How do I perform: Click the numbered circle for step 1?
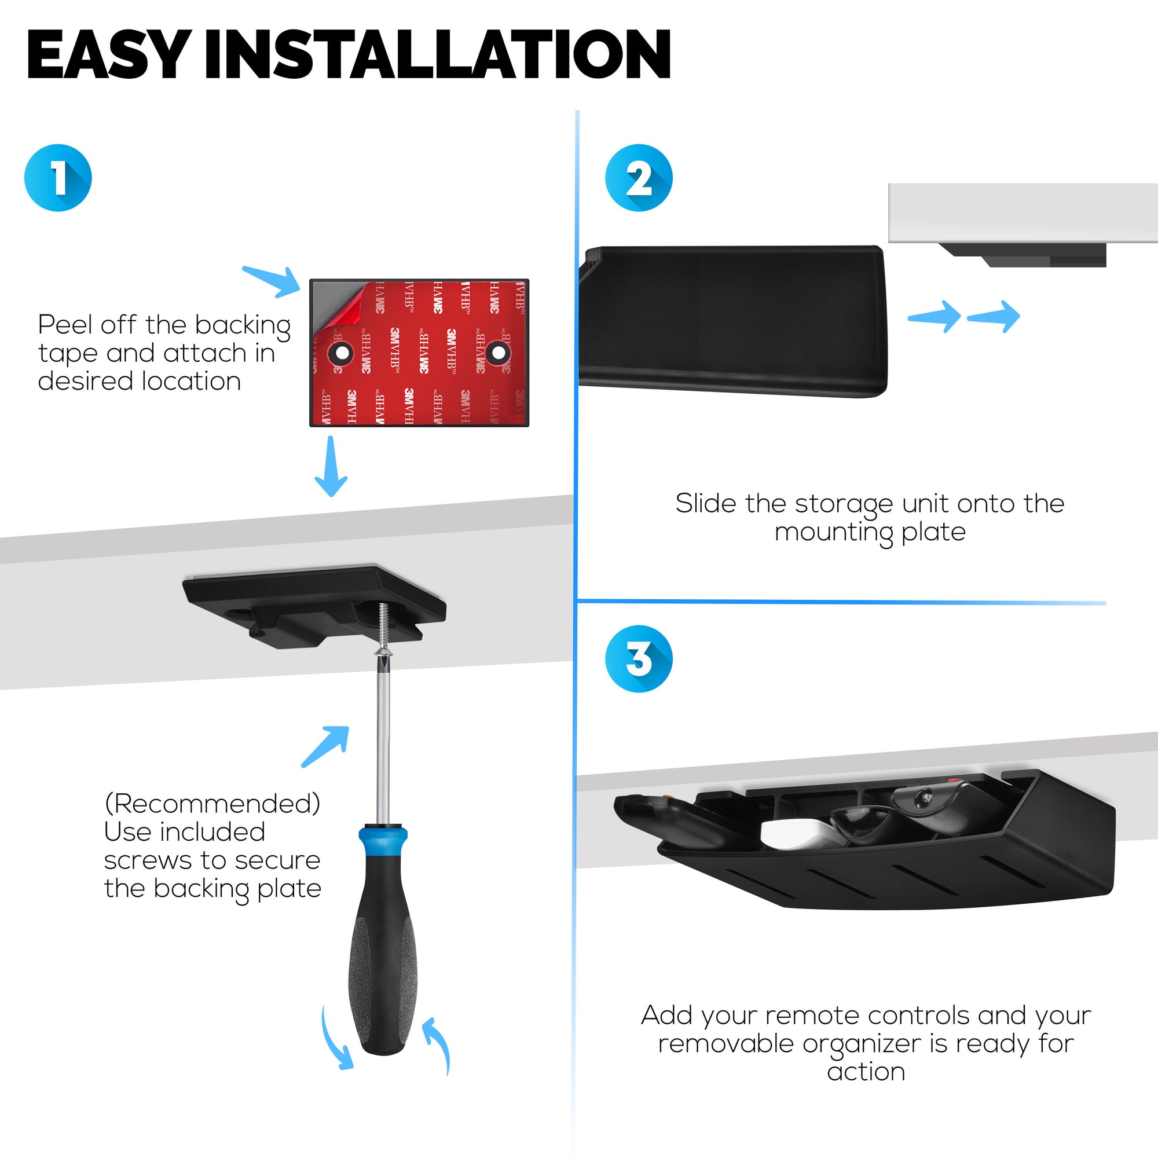(x=58, y=177)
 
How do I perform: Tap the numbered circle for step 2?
(x=638, y=177)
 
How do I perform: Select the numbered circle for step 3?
(x=638, y=659)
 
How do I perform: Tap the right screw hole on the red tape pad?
(x=498, y=353)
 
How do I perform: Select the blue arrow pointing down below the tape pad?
(x=331, y=467)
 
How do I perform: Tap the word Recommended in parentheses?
(x=212, y=804)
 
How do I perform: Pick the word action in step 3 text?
(x=866, y=1071)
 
